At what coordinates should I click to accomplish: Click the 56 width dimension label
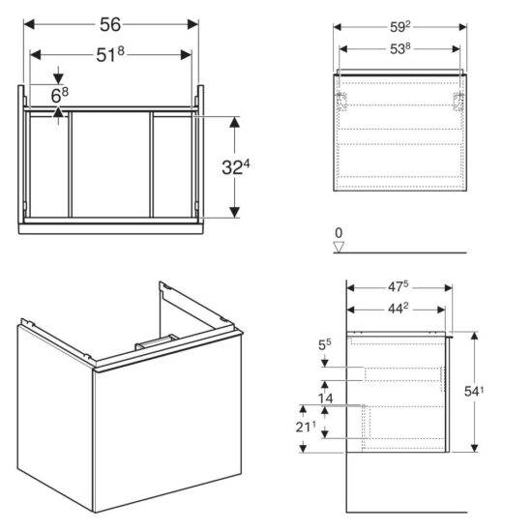point(110,24)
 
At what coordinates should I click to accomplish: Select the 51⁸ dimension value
point(110,54)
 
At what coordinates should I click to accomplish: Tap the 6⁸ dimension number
point(59,95)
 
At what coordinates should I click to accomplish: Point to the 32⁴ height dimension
point(236,166)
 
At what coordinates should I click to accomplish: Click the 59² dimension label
point(400,27)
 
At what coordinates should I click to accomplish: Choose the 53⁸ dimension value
point(400,49)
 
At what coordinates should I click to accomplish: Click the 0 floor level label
point(339,233)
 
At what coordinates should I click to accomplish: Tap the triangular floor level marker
point(339,247)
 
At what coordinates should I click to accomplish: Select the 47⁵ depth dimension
point(399,287)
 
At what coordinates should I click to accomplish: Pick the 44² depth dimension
point(399,309)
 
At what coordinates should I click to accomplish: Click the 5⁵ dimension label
point(325,344)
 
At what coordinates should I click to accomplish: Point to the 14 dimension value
point(325,399)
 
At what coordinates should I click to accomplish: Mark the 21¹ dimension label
point(306,427)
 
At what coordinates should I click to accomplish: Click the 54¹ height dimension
point(474,391)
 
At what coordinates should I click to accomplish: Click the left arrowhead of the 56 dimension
point(29,24)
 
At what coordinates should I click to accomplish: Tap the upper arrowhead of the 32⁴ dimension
point(234,122)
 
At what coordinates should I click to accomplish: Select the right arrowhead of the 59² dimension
point(462,27)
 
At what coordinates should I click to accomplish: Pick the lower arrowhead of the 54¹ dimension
point(474,448)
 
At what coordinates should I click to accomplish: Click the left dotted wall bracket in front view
point(343,102)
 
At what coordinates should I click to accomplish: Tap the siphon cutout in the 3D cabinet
point(157,342)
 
